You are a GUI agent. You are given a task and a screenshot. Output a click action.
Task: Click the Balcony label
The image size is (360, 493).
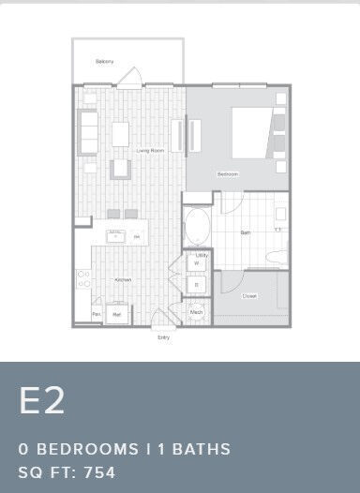(105, 62)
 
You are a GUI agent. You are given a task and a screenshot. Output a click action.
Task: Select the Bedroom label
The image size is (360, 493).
(228, 174)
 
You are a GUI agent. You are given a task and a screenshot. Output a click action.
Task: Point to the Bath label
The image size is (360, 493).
(245, 232)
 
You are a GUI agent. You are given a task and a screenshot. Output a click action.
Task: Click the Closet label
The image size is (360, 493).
(249, 295)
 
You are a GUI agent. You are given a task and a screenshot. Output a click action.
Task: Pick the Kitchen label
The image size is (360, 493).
(123, 279)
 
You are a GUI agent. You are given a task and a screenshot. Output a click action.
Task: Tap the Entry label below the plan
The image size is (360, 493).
(164, 336)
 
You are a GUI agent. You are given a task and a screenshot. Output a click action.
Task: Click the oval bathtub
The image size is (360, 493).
(198, 226)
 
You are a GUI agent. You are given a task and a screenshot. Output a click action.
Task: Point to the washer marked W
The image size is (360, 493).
(198, 263)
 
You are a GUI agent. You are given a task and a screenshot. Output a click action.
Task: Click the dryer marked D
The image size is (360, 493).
(198, 283)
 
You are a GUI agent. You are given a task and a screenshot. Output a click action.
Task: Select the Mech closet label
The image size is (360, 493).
(197, 312)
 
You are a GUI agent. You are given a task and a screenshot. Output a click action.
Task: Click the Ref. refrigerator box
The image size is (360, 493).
(117, 315)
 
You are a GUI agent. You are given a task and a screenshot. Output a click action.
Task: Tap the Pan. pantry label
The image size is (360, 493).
(96, 314)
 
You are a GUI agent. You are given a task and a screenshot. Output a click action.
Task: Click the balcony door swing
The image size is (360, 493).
(133, 76)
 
